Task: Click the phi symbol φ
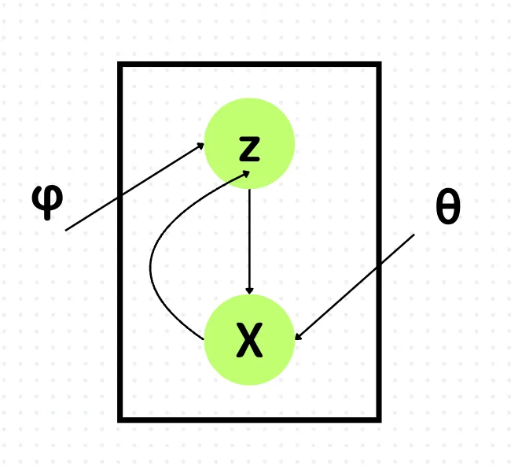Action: click(x=47, y=202)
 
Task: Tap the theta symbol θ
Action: click(x=448, y=206)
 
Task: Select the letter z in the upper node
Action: click(x=249, y=149)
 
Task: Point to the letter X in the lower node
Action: click(x=249, y=340)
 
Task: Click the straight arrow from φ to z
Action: click(x=134, y=187)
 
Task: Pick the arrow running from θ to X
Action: click(x=355, y=287)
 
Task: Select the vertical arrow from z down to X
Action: click(x=249, y=242)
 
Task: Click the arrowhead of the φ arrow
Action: click(x=200, y=146)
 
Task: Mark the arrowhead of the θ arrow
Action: click(x=298, y=337)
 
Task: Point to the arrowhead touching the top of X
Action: click(x=249, y=290)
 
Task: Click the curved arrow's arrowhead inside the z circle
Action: click(x=246, y=174)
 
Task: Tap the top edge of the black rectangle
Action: click(x=249, y=65)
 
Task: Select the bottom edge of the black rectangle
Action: click(x=249, y=420)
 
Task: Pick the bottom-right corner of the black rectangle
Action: click(x=379, y=420)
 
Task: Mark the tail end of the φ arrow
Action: click(x=66, y=231)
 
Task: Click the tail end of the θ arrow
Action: click(x=414, y=235)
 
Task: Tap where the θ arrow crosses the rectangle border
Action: click(x=379, y=265)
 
